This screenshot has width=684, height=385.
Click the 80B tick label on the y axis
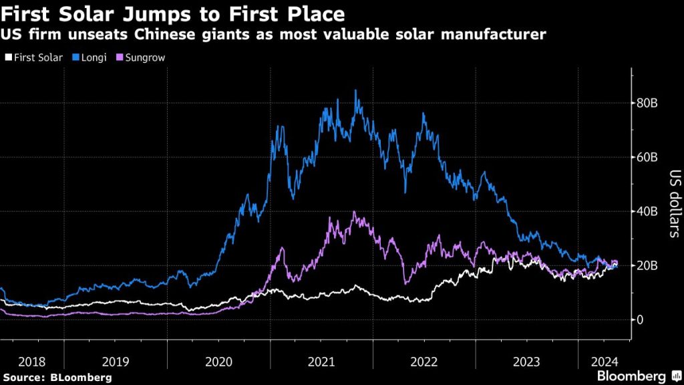650,104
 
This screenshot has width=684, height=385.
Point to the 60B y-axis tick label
650,158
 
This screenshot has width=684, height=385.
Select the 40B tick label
650,212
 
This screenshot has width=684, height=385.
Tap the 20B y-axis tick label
650,266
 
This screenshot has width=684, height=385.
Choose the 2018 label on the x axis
32,362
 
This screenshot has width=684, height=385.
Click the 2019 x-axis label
116,362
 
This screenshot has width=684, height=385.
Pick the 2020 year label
219,362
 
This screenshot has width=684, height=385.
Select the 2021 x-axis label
322,362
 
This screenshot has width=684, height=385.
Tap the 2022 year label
424,362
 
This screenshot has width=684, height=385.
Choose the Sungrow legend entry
142,57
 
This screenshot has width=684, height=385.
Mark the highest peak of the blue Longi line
355,90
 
